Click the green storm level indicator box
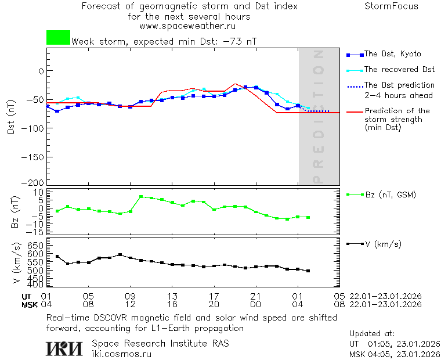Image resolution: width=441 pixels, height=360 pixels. [x=58, y=38]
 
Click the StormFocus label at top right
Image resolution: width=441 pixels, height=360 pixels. [x=391, y=6]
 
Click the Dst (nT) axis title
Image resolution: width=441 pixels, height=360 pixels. [x=10, y=117]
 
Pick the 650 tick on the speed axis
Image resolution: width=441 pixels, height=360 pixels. [x=36, y=245]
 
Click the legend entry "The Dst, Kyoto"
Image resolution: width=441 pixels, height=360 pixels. [x=392, y=54]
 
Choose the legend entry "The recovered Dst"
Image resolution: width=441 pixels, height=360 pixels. [x=399, y=70]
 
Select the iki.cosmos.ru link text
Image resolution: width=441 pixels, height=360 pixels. [x=122, y=354]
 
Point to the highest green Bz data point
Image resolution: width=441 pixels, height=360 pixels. [x=141, y=197]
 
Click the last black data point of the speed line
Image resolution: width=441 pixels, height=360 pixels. [x=308, y=271]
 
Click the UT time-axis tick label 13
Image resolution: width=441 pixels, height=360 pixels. [x=172, y=296]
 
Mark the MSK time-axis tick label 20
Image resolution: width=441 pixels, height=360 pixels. [x=214, y=304]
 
